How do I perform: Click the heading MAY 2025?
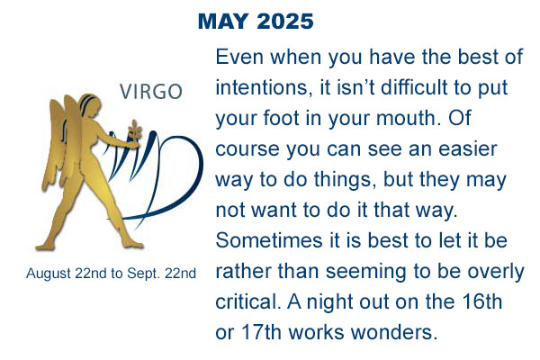[x=256, y=22]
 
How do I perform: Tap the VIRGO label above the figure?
[x=151, y=92]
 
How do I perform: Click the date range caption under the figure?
[x=111, y=274]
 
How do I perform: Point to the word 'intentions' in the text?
[x=261, y=87]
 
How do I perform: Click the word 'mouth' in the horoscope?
[x=405, y=118]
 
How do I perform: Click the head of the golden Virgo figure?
[x=90, y=107]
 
